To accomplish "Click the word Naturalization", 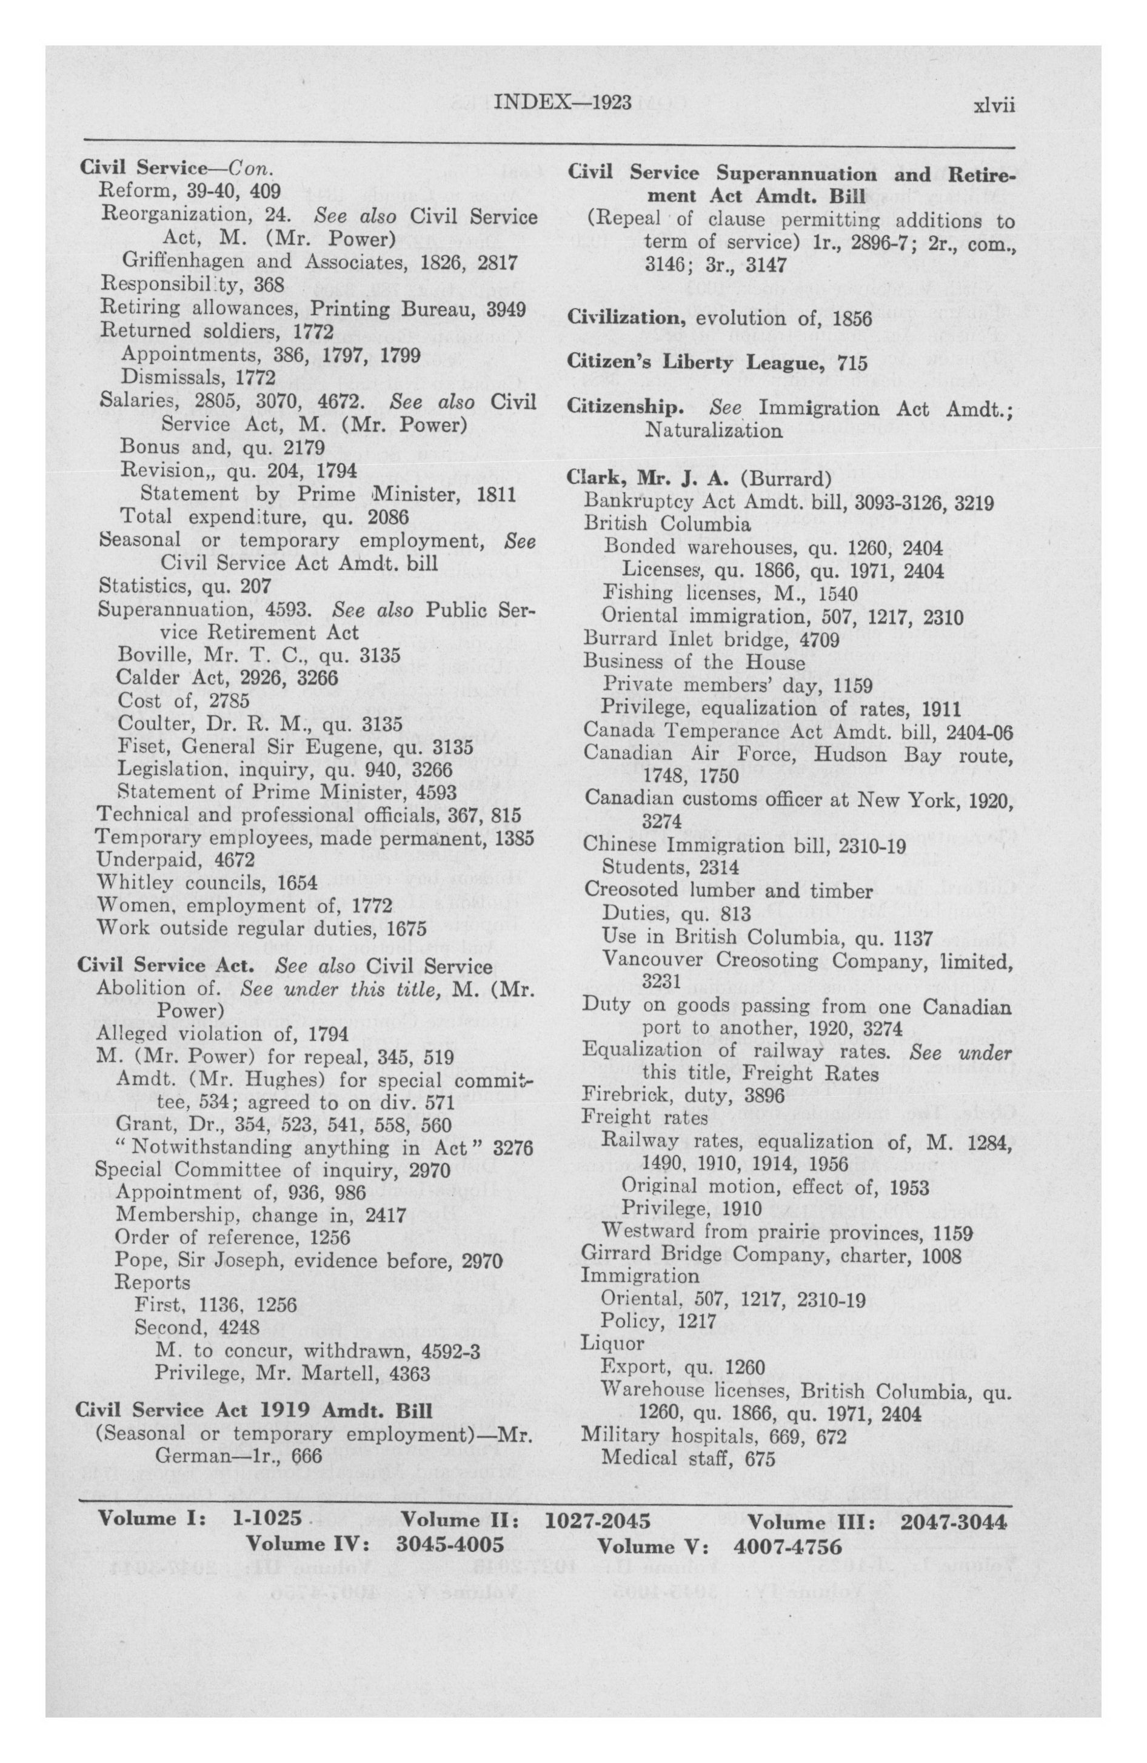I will click(713, 430).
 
